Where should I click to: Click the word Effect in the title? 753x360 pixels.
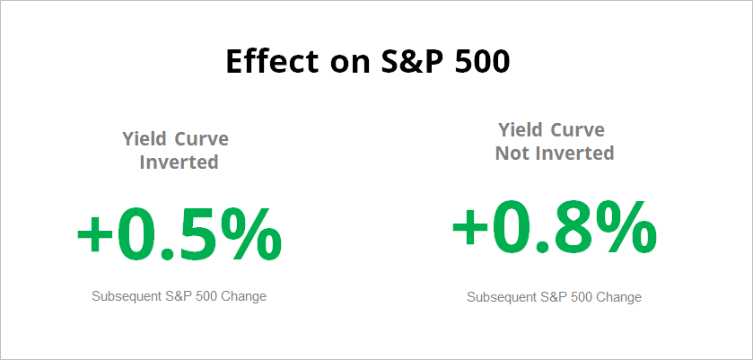(x=272, y=61)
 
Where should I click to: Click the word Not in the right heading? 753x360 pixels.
(x=512, y=154)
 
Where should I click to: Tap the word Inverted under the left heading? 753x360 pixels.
(x=179, y=162)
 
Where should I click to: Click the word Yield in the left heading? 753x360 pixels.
(x=145, y=139)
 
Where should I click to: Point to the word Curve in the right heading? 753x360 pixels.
(x=578, y=130)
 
